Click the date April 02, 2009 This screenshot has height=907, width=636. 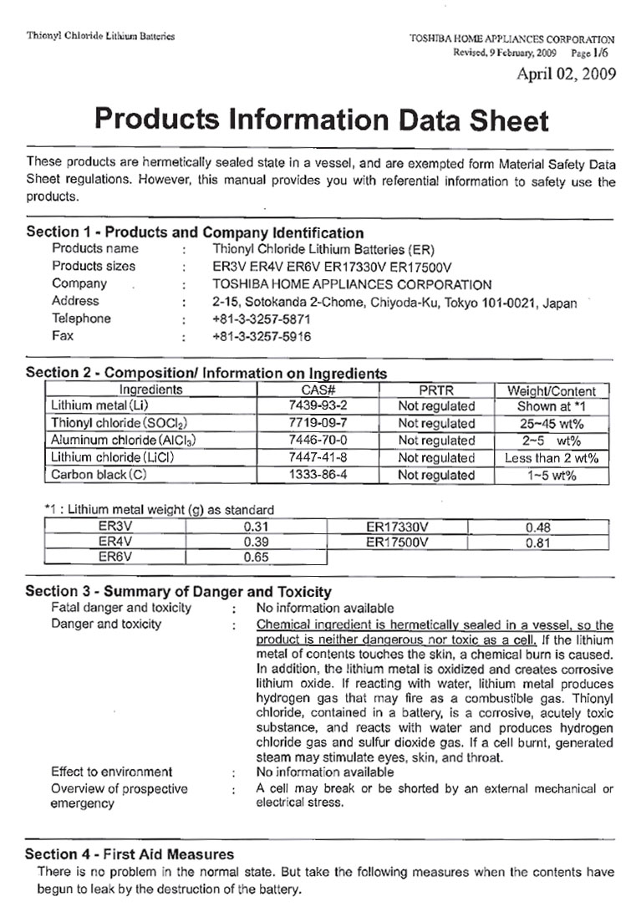[567, 74]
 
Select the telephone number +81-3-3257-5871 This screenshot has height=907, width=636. [262, 318]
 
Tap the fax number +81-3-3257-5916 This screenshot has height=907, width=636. [262, 336]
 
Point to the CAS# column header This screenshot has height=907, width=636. [318, 390]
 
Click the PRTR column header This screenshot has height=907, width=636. [436, 390]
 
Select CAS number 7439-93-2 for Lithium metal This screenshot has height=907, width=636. [318, 406]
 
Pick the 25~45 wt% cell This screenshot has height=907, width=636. [552, 424]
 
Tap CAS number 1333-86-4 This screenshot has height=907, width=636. [318, 475]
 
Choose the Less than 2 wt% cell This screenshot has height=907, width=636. [552, 458]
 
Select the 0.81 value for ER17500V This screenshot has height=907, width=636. [536, 543]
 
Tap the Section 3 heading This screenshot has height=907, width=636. [178, 591]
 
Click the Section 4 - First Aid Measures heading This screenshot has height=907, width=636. [130, 853]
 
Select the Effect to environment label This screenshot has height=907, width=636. [111, 772]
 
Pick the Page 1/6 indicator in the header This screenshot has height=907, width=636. [595, 52]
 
